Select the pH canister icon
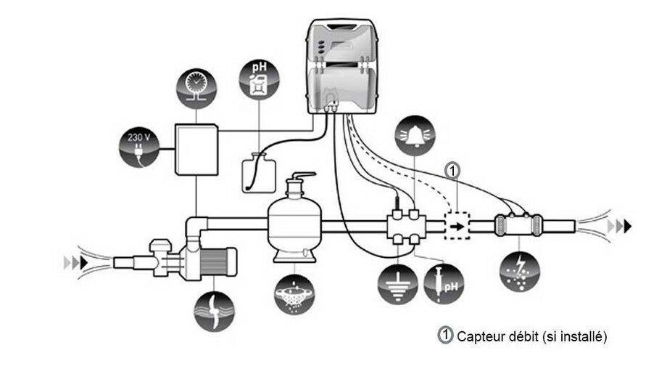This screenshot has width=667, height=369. pos(258,80)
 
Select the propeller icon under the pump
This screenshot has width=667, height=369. pos(214,307)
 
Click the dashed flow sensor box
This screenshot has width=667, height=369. pos(457,226)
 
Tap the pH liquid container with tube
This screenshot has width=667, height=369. pos(259,173)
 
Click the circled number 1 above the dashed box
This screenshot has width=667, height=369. pos(452,171)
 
